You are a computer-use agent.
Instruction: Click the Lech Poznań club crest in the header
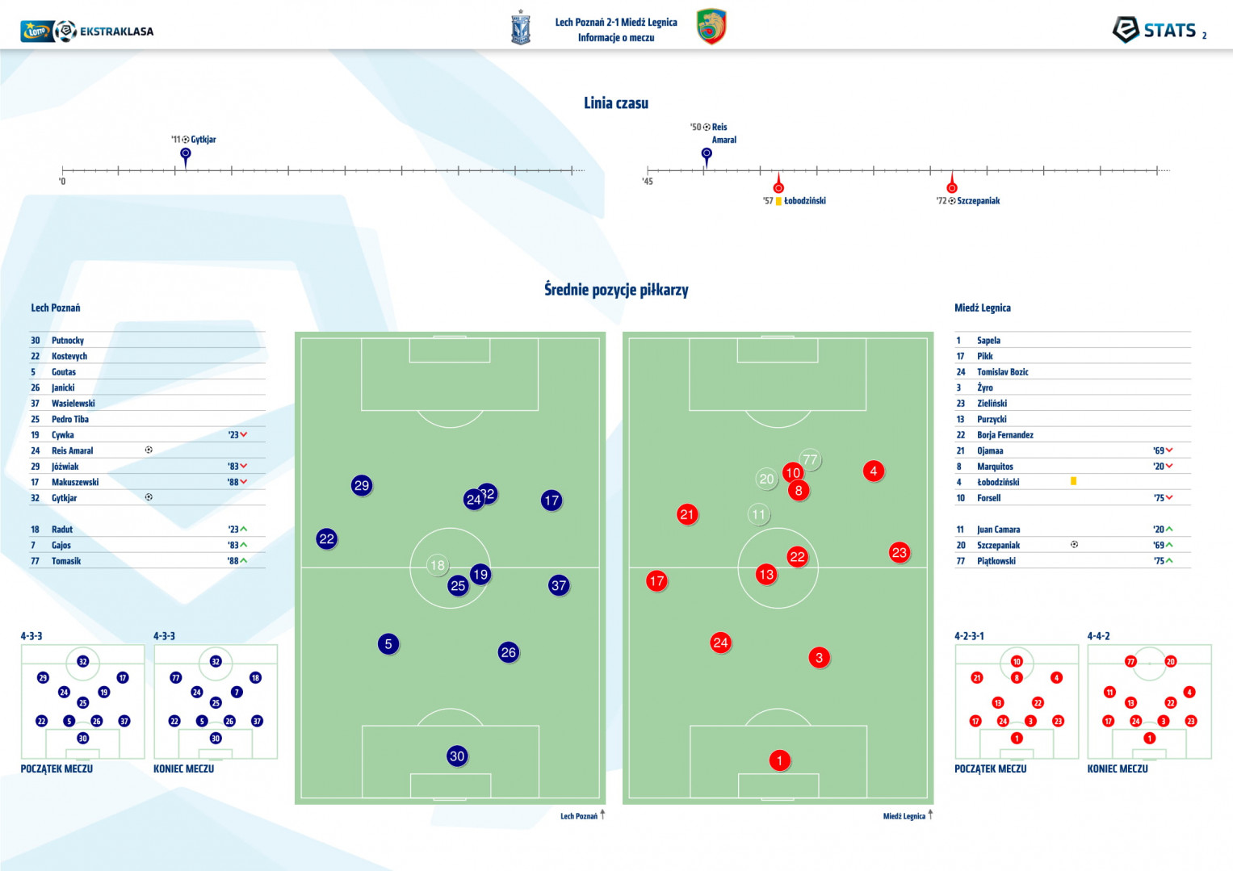pos(520,27)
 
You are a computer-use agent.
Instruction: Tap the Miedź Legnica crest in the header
pos(711,26)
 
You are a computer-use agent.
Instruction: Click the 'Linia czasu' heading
pos(616,103)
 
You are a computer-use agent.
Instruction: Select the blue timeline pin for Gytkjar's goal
pos(186,157)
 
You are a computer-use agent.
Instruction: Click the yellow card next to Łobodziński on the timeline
pos(778,201)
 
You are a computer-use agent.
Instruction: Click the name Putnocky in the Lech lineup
pos(68,340)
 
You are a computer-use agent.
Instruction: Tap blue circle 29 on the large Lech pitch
pos(362,485)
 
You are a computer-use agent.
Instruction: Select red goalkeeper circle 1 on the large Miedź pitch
pos(779,760)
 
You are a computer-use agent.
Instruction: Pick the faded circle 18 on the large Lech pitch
pos(438,565)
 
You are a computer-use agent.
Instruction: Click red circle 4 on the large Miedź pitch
pos(874,471)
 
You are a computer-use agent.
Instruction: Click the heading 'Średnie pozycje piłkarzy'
pos(616,290)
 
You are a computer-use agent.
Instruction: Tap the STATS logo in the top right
pos(1158,30)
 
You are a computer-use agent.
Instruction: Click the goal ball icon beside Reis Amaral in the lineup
pos(149,450)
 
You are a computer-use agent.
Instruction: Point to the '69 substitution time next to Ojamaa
pos(1159,450)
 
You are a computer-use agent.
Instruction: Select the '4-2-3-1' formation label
pos(969,636)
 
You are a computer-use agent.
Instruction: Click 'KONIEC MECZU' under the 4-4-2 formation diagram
pos(1118,768)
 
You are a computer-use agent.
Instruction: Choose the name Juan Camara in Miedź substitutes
pos(999,530)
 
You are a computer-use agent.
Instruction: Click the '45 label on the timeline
pos(648,181)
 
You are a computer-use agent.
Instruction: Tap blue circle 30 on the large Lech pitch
pos(457,756)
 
